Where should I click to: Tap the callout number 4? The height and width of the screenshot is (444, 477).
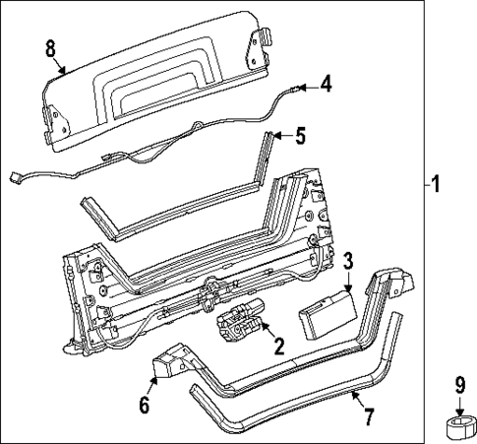coord(326,85)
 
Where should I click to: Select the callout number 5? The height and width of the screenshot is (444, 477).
coord(301,135)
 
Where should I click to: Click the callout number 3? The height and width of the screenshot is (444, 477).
coord(348,259)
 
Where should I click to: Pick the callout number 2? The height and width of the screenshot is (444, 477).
coord(278,346)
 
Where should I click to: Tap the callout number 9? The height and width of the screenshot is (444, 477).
coord(457,387)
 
